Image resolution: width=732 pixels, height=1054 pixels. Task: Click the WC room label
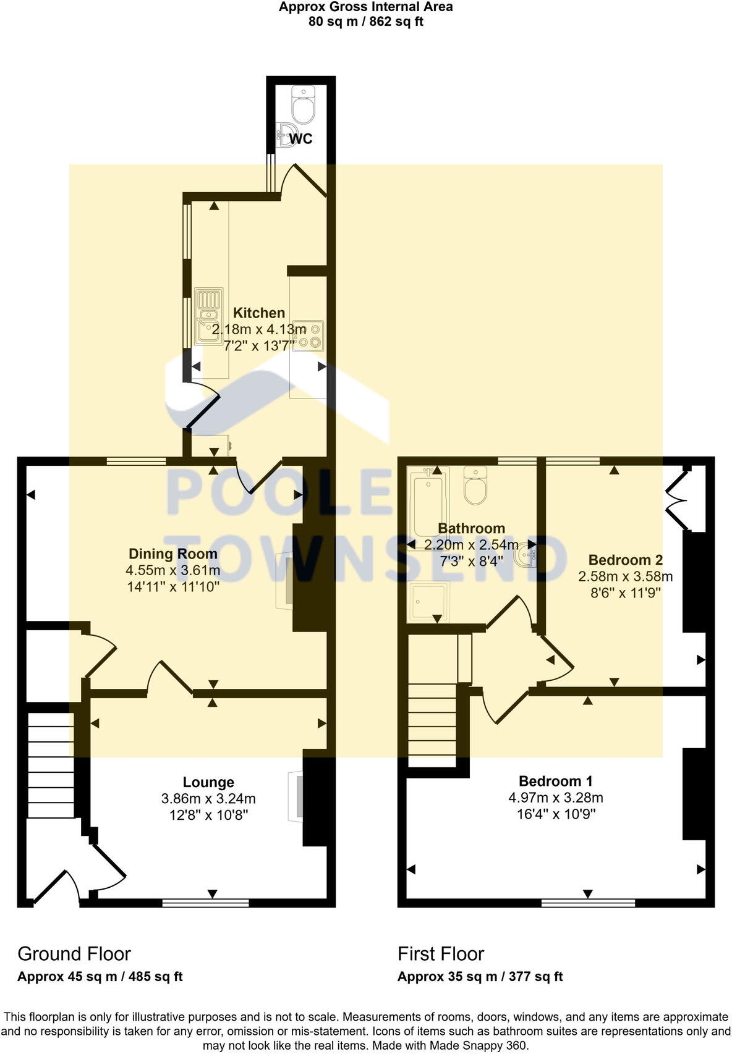(x=301, y=139)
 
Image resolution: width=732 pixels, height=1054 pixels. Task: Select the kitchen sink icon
(x=209, y=316)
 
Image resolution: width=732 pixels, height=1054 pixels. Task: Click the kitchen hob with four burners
(x=309, y=335)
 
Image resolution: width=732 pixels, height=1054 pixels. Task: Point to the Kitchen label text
(x=259, y=313)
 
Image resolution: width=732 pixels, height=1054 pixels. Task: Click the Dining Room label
(x=172, y=554)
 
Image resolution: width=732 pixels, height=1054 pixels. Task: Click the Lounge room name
(x=208, y=782)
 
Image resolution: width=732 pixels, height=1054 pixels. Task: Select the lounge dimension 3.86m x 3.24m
(x=208, y=799)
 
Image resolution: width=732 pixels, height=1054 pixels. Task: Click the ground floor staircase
(x=51, y=765)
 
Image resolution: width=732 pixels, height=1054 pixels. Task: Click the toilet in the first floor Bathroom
(x=475, y=486)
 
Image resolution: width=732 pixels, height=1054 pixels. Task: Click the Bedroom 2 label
(x=625, y=560)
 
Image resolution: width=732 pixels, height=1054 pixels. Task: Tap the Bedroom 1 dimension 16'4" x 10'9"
(x=556, y=814)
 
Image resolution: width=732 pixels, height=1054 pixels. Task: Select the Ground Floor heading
(x=74, y=954)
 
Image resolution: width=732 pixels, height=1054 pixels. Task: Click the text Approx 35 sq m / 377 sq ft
(x=480, y=977)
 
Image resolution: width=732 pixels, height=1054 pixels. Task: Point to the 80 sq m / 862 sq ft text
(x=365, y=22)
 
